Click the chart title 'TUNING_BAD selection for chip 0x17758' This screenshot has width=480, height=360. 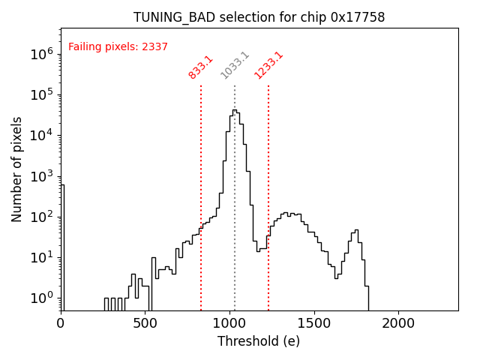click(259, 17)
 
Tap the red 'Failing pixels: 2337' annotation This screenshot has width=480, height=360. click(118, 46)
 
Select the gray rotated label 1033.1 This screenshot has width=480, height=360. click(235, 66)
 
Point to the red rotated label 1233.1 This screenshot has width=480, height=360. click(268, 66)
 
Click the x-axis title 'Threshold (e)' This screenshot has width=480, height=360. click(259, 341)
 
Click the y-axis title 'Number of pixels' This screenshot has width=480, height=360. click(17, 169)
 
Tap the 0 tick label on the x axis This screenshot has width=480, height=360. click(61, 322)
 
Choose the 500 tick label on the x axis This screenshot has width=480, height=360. click(145, 322)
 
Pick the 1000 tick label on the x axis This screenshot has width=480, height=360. click(229, 322)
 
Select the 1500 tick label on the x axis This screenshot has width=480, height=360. click(313, 322)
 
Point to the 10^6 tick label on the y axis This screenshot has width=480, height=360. click(40, 54)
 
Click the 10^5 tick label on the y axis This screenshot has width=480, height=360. click(40, 94)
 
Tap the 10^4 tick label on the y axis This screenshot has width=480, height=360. click(40, 135)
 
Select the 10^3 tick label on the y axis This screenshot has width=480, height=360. click(40, 176)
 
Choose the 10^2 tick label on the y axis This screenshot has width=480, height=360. click(40, 217)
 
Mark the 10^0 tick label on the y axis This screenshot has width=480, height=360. click(40, 298)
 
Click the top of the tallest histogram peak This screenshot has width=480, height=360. click(234, 110)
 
